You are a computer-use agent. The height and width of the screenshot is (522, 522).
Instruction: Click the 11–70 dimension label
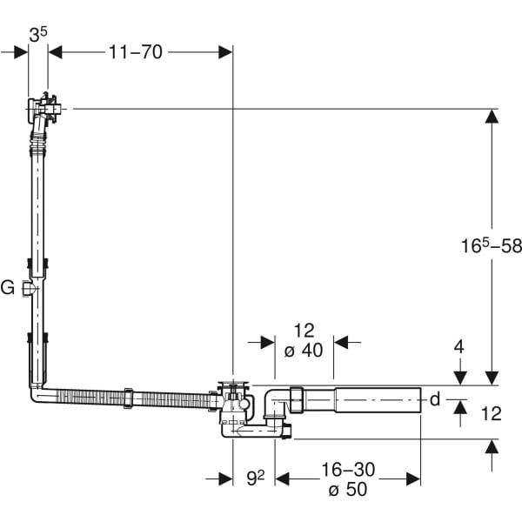pyautogui.click(x=136, y=52)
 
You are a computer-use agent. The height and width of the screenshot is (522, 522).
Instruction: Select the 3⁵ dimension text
pyautogui.click(x=38, y=35)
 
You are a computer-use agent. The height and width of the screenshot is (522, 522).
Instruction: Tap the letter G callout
pyautogui.click(x=7, y=288)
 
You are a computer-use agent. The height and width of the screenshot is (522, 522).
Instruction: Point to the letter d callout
pyautogui.click(x=435, y=399)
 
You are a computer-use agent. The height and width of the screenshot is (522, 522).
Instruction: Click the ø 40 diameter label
pyautogui.click(x=304, y=351)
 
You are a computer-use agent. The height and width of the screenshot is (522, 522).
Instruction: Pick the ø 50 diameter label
pyautogui.click(x=348, y=489)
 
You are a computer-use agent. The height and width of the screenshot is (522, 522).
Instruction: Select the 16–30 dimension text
pyautogui.click(x=348, y=470)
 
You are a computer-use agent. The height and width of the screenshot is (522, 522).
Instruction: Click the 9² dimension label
pyautogui.click(x=256, y=478)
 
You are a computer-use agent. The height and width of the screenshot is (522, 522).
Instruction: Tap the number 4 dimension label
pyautogui.click(x=459, y=347)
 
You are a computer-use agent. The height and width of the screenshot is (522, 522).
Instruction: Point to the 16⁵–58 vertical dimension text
pyautogui.click(x=492, y=246)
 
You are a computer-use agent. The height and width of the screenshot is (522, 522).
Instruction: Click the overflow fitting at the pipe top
pyautogui.click(x=43, y=109)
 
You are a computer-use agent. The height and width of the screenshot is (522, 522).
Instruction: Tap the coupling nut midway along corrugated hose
pyautogui.click(x=129, y=398)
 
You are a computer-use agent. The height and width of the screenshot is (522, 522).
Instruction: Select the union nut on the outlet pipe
pyautogui.click(x=296, y=400)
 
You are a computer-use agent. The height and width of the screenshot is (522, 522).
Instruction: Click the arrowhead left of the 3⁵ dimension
pyautogui.click(x=21, y=52)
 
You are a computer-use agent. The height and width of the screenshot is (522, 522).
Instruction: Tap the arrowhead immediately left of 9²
pyautogui.click(x=225, y=479)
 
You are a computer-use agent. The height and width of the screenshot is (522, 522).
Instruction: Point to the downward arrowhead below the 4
pyautogui.click(x=460, y=378)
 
